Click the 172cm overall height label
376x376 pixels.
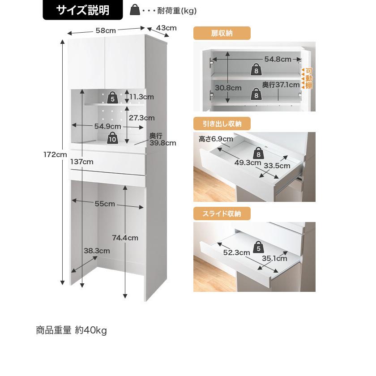[55, 155]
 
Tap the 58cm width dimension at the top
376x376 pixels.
[106, 30]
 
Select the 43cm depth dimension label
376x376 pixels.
[167, 28]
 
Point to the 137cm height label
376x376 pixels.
[82, 162]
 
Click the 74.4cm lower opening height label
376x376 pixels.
[125, 238]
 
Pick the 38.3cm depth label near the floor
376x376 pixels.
[97, 251]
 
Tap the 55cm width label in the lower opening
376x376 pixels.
[105, 204]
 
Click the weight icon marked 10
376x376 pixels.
[112, 137]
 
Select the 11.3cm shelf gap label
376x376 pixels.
[142, 97]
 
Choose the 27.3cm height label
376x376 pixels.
[142, 118]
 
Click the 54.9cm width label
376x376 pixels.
[108, 126]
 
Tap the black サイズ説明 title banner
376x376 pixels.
[83, 10]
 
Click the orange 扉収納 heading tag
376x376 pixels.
[222, 33]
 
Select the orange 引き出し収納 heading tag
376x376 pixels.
[222, 124]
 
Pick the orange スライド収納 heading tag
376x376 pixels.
[222, 214]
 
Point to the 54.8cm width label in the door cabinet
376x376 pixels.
[278, 59]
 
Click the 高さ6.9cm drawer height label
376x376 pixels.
[216, 139]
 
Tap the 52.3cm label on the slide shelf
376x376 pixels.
[236, 252]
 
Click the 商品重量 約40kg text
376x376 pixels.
[72, 330]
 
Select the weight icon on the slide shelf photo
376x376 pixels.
[258, 247]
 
